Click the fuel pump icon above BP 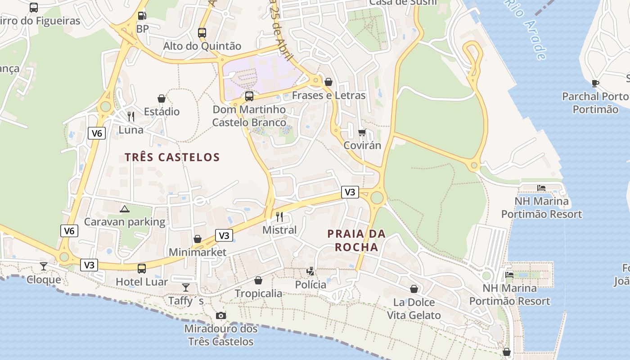[x=142, y=16]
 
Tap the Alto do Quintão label [x=202, y=46]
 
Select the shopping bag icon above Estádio [x=162, y=99]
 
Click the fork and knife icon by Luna [x=131, y=117]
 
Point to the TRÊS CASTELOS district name [x=172, y=157]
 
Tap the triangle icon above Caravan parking [x=125, y=209]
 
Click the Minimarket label [x=198, y=252]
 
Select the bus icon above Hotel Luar [x=142, y=269]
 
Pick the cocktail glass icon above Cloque [x=44, y=266]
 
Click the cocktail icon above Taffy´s [x=186, y=287]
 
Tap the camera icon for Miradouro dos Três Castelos [x=220, y=315]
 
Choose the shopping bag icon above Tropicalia [x=258, y=280]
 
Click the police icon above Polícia [x=310, y=271]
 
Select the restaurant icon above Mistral [x=279, y=216]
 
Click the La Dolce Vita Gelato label [x=414, y=309]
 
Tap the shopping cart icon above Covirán [x=362, y=132]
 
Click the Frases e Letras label [x=328, y=95]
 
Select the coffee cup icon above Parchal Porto [x=595, y=83]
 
